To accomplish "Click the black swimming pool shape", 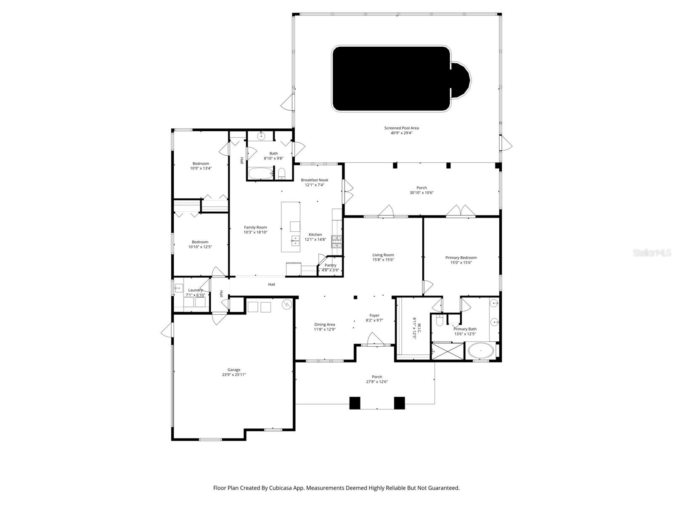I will pyautogui.click(x=391, y=79).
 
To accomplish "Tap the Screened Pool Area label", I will pyautogui.click(x=401, y=128).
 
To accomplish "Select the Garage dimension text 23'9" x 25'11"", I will pyautogui.click(x=234, y=375).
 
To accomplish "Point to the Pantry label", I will pyautogui.click(x=330, y=265).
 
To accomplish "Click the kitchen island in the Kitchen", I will pyautogui.click(x=291, y=226).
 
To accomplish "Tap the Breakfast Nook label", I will pyautogui.click(x=314, y=180).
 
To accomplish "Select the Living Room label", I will pyautogui.click(x=383, y=255).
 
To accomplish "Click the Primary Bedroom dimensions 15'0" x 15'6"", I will pyautogui.click(x=461, y=263).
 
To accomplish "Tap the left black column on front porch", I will pyautogui.click(x=355, y=403).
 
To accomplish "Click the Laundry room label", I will pyautogui.click(x=195, y=290).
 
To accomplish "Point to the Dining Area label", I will pyautogui.click(x=324, y=324).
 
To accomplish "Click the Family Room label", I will pyautogui.click(x=255, y=227).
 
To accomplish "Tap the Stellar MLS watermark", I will pyautogui.click(x=652, y=252).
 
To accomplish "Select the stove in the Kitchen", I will pyautogui.click(x=336, y=241).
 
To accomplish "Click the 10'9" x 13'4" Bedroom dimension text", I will pyautogui.click(x=201, y=168).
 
